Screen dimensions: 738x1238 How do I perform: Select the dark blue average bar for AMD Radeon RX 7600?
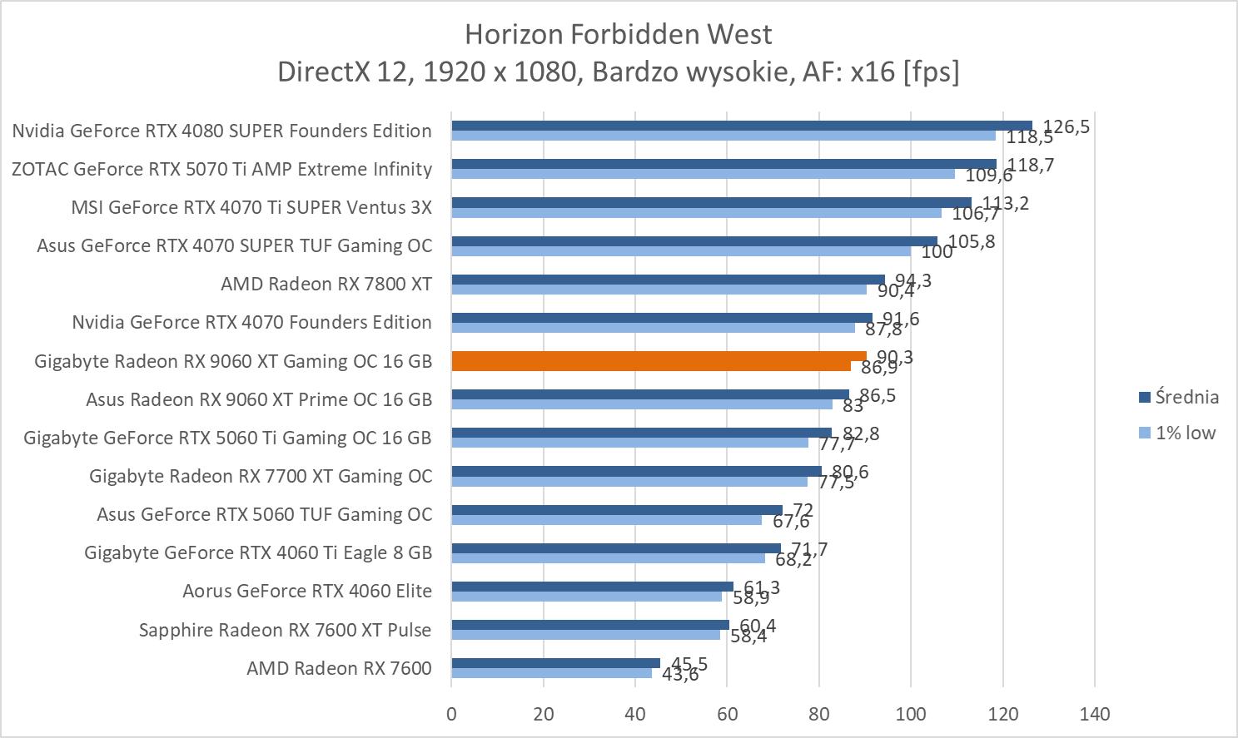pyautogui.click(x=555, y=663)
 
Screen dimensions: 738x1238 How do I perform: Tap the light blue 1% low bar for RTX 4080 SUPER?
pyautogui.click(x=723, y=136)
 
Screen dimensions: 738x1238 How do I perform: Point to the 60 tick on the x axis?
pyautogui.click(x=727, y=714)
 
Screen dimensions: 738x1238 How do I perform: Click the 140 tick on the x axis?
pyautogui.click(x=1095, y=714)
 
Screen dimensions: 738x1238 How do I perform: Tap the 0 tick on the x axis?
pyautogui.click(x=451, y=714)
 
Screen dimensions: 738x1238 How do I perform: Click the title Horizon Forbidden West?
pyautogui.click(x=618, y=34)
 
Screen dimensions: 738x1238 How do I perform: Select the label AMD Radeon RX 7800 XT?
pyautogui.click(x=326, y=284)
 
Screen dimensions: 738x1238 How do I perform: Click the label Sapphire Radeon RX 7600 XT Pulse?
pyautogui.click(x=285, y=630)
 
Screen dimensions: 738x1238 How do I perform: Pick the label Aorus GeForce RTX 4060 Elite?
pyautogui.click(x=307, y=591)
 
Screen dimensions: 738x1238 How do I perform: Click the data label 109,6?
pyautogui.click(x=988, y=176)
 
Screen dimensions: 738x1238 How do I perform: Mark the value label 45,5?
pyautogui.click(x=689, y=663)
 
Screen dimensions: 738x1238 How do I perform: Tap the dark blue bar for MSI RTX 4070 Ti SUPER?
pyautogui.click(x=711, y=202)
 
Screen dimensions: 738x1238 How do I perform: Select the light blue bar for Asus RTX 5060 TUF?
pyautogui.click(x=606, y=520)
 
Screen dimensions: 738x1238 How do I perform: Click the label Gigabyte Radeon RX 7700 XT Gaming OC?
pyautogui.click(x=261, y=476)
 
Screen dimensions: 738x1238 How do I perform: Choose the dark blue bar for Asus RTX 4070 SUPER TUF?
pyautogui.click(x=694, y=241)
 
